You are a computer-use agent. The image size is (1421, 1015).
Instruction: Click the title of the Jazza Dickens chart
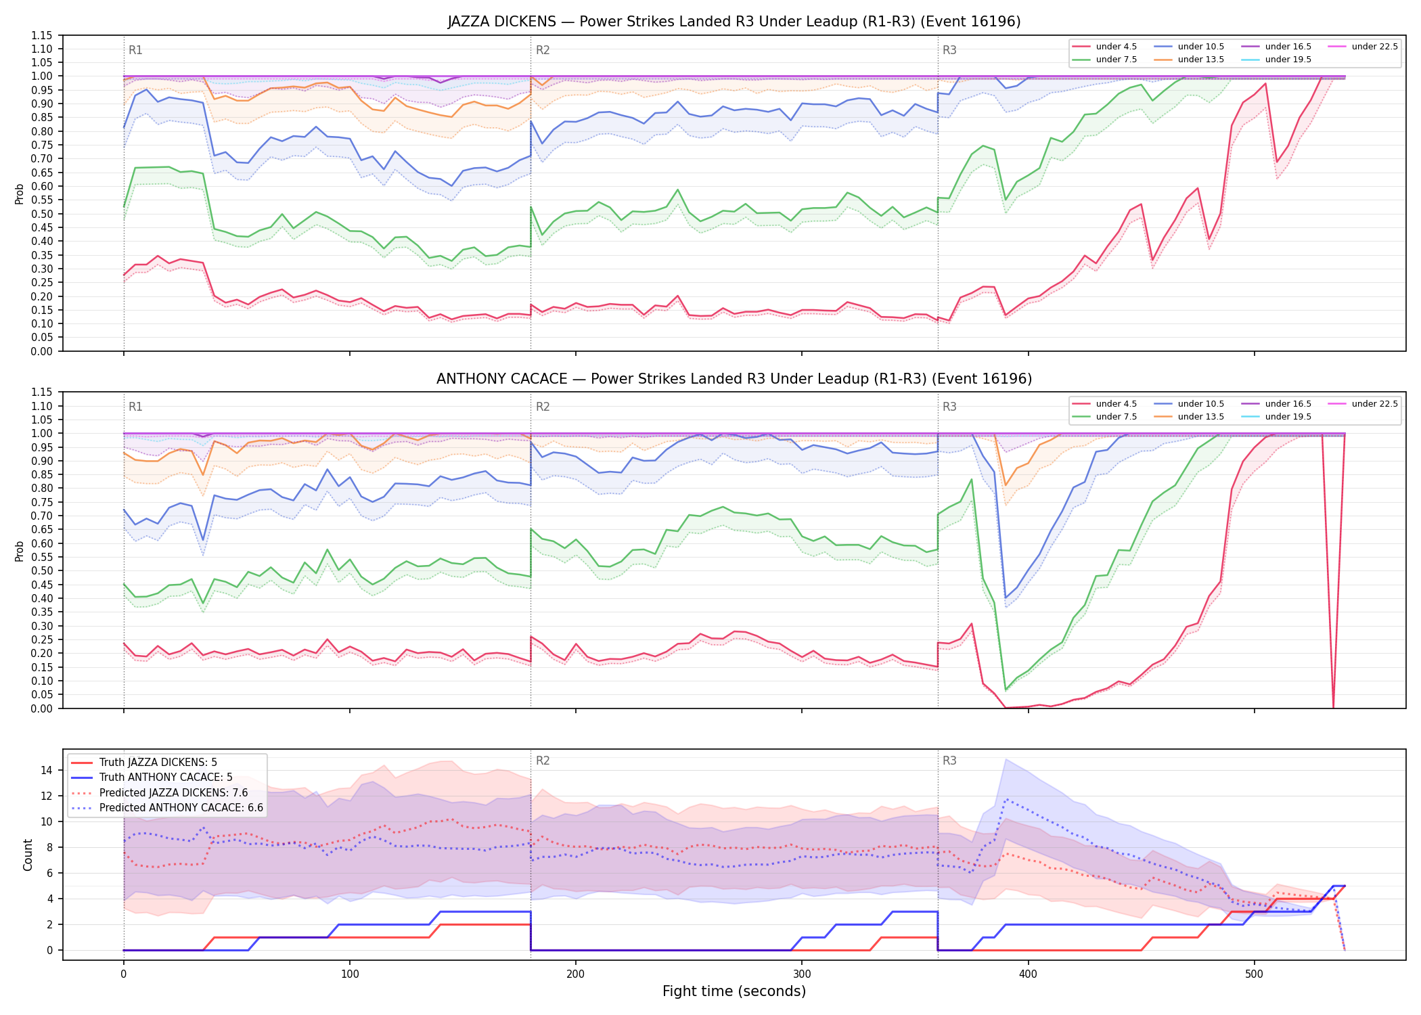734,22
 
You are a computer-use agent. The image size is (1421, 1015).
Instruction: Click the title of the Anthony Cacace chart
734,379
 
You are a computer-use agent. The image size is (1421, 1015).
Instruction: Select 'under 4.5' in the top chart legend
1116,47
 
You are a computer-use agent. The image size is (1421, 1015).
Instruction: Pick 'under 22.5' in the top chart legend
1374,47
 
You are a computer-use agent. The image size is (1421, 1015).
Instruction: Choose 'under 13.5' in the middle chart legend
1200,417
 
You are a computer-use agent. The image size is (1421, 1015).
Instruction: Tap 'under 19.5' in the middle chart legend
1288,417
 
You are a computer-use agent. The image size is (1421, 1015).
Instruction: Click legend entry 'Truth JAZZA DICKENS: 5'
158,763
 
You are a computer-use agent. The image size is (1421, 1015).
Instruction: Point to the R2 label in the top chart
543,50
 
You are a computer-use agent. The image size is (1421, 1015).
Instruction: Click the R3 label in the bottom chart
949,761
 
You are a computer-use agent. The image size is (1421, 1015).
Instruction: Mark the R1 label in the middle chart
135,407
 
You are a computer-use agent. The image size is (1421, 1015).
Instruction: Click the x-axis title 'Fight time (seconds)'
734,991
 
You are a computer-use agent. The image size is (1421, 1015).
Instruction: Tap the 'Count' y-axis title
28,855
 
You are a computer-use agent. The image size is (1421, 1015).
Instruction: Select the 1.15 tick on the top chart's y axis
43,35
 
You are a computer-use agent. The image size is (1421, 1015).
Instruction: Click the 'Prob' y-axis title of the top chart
20,194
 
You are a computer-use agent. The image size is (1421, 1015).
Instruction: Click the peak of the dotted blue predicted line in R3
1006,799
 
